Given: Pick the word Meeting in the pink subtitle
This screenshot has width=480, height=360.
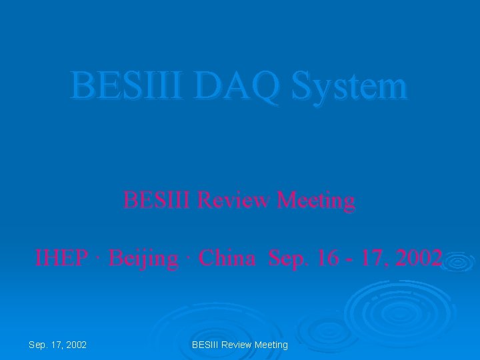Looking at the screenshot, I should [x=315, y=200].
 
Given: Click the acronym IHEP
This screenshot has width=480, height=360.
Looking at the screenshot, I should [x=60, y=257].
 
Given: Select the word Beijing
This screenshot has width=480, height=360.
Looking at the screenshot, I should [x=143, y=258].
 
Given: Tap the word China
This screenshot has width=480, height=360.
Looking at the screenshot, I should [x=227, y=257].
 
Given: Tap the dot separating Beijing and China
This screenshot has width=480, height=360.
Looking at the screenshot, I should [x=189, y=257].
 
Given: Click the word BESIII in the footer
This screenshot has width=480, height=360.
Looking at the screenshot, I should [x=205, y=345].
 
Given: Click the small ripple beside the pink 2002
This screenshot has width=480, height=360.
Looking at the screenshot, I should [x=458, y=262].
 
